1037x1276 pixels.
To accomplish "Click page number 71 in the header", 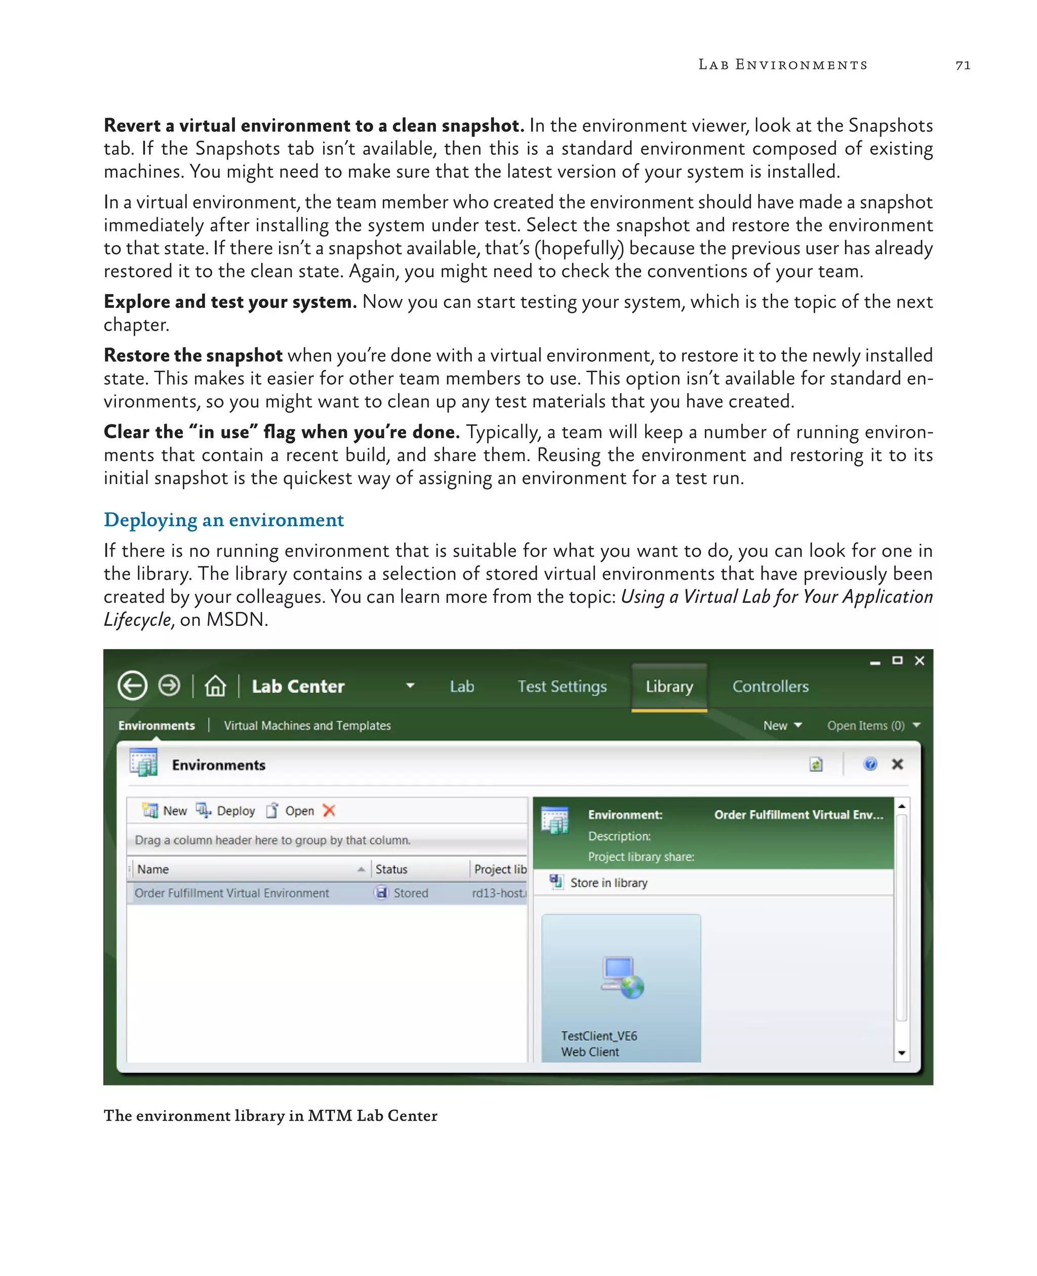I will click(963, 65).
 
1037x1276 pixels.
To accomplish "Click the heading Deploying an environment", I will click(223, 520).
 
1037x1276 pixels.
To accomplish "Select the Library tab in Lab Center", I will click(669, 687).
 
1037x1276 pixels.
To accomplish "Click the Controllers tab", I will click(770, 687).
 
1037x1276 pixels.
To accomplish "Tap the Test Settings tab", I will click(562, 687).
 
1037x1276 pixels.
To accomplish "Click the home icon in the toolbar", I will click(215, 686).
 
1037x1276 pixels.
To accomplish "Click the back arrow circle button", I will click(132, 685).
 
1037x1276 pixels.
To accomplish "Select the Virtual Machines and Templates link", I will click(307, 725).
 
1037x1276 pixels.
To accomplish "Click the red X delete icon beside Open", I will click(329, 810).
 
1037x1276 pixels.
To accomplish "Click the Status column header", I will click(391, 869).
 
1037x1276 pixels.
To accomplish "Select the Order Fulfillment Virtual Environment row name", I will click(232, 893).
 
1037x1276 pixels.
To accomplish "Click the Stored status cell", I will click(410, 893).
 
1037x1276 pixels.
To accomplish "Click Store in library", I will click(608, 883).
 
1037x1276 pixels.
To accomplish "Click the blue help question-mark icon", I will click(870, 764).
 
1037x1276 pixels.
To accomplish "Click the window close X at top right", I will click(920, 660).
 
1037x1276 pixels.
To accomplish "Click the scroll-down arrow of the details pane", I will click(901, 1053).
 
